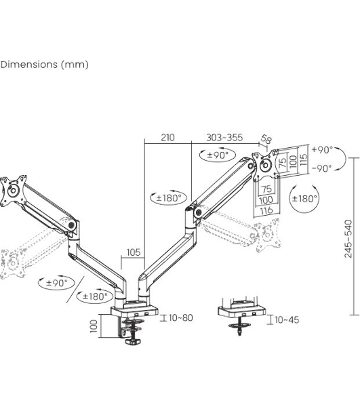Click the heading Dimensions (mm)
click(44, 64)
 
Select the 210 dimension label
click(167, 137)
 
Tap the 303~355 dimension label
click(224, 137)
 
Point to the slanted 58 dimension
click(266, 139)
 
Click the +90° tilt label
click(322, 150)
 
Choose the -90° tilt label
click(322, 168)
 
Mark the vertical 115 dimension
click(303, 159)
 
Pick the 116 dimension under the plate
click(266, 210)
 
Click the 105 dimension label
click(134, 252)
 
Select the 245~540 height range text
click(348, 239)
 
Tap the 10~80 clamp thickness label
click(181, 317)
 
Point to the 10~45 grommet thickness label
click(287, 319)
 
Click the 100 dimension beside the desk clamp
click(94, 326)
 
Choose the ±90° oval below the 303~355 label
click(218, 155)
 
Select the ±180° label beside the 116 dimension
click(304, 199)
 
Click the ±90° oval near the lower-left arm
click(56, 283)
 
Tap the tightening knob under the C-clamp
click(133, 341)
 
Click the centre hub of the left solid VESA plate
click(12, 191)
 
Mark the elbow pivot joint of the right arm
click(199, 212)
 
